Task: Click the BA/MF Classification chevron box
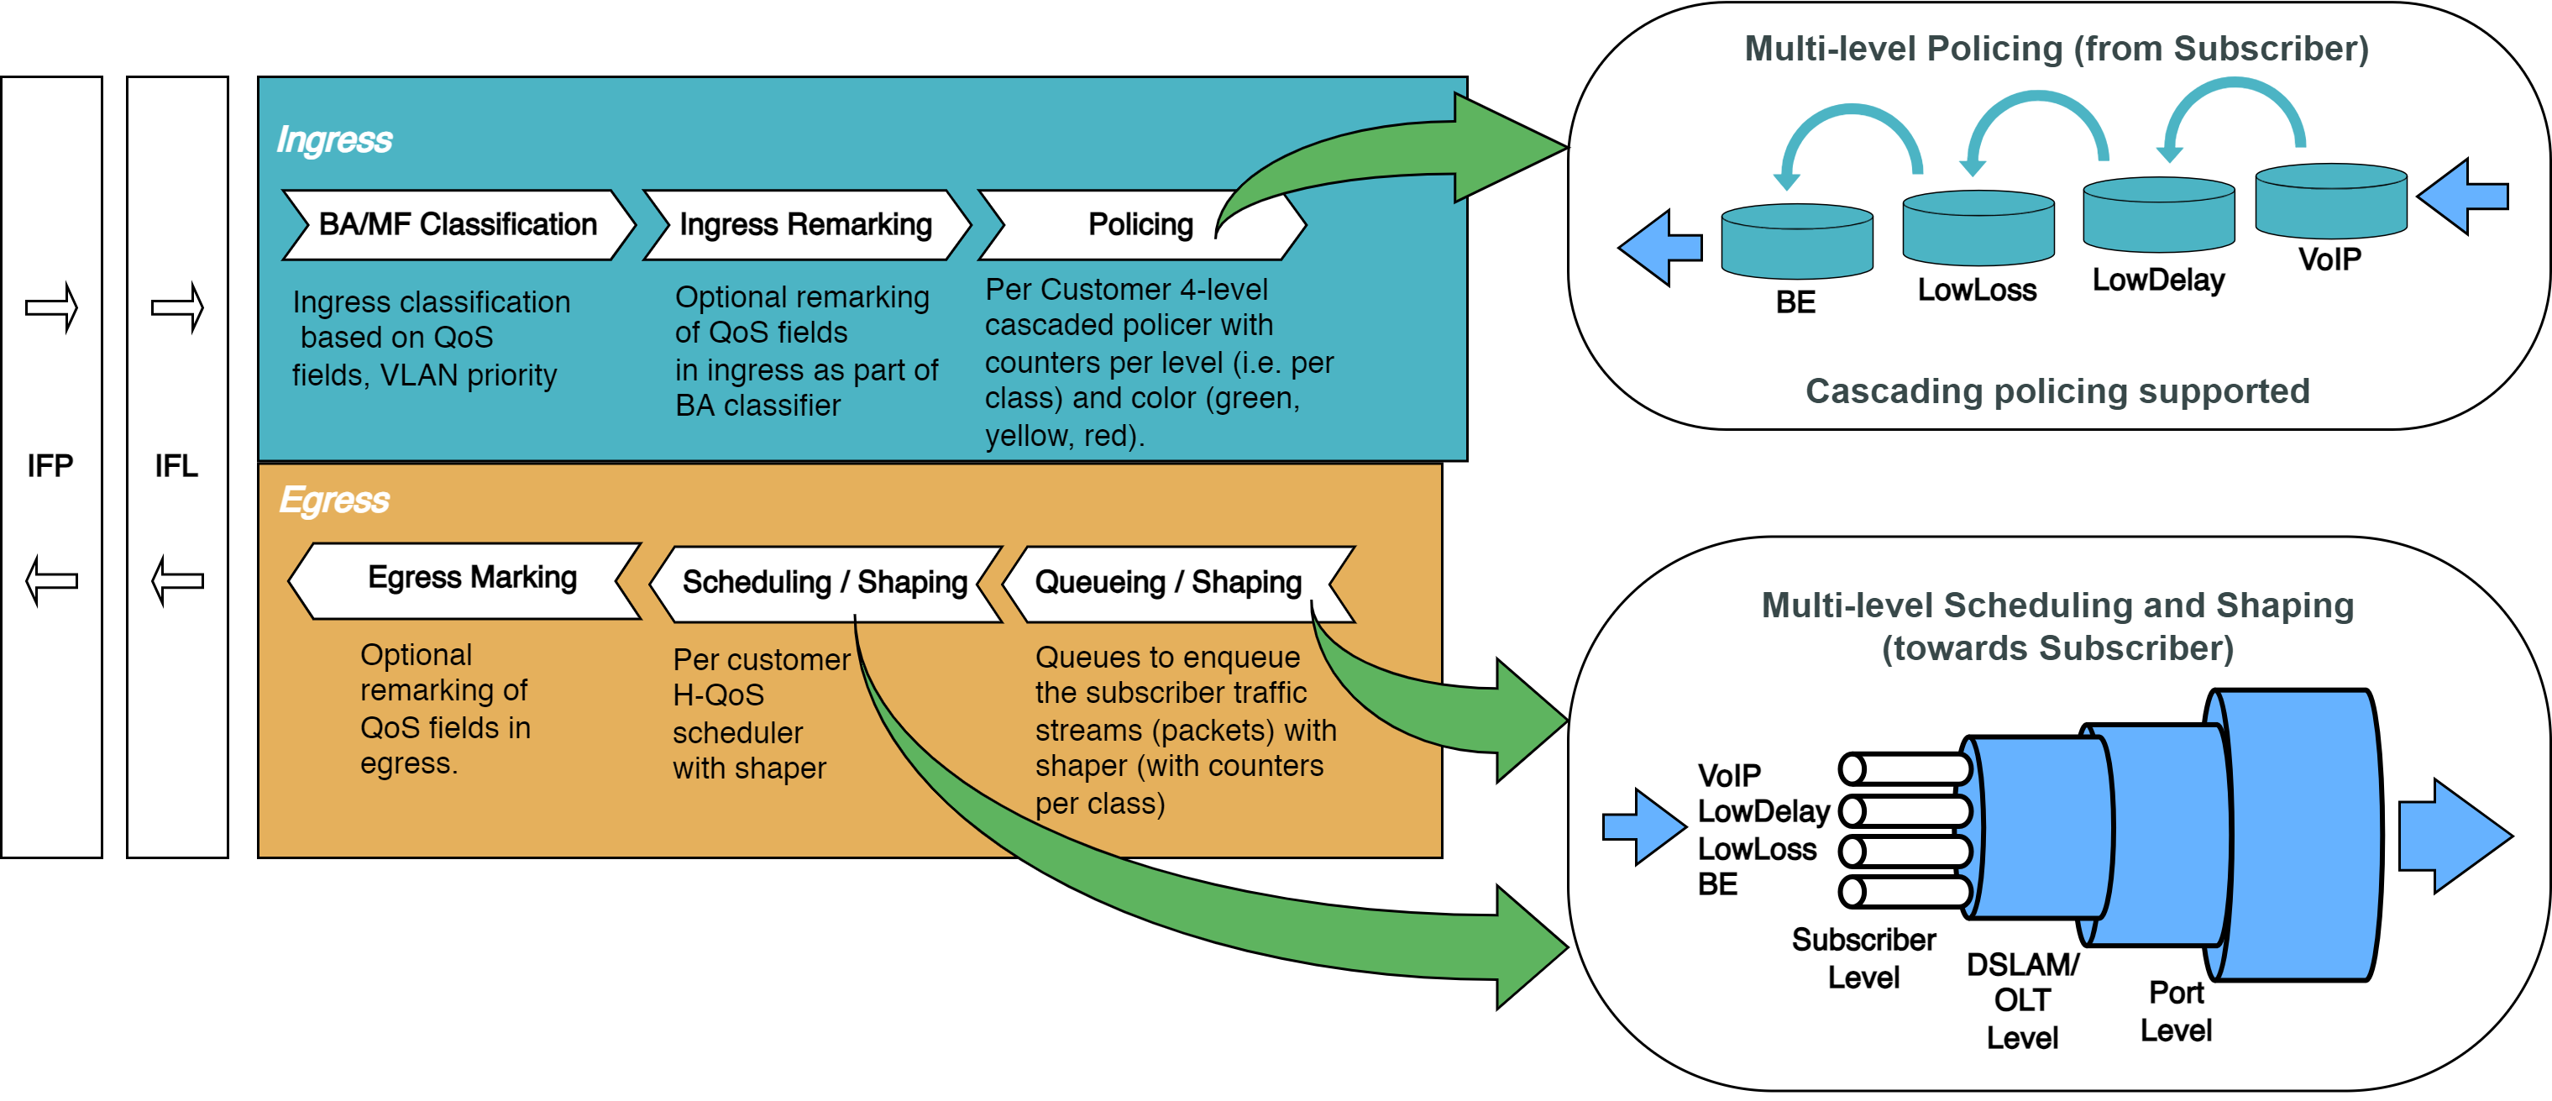coord(458,225)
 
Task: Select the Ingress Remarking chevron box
coord(805,225)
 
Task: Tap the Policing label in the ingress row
coord(1140,225)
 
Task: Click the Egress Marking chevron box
coord(472,578)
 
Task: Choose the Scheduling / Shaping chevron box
coord(825,583)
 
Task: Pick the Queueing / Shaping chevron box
coord(1168,583)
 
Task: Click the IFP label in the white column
coord(50,466)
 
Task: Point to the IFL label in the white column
coord(176,466)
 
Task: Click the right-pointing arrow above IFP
coord(51,307)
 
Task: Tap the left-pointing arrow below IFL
coord(177,580)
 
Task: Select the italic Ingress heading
coord(334,139)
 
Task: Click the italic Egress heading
coord(334,501)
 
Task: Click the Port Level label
coord(2176,1012)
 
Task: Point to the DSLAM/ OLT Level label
coord(2022,1001)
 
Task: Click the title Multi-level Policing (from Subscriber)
coord(2057,49)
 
